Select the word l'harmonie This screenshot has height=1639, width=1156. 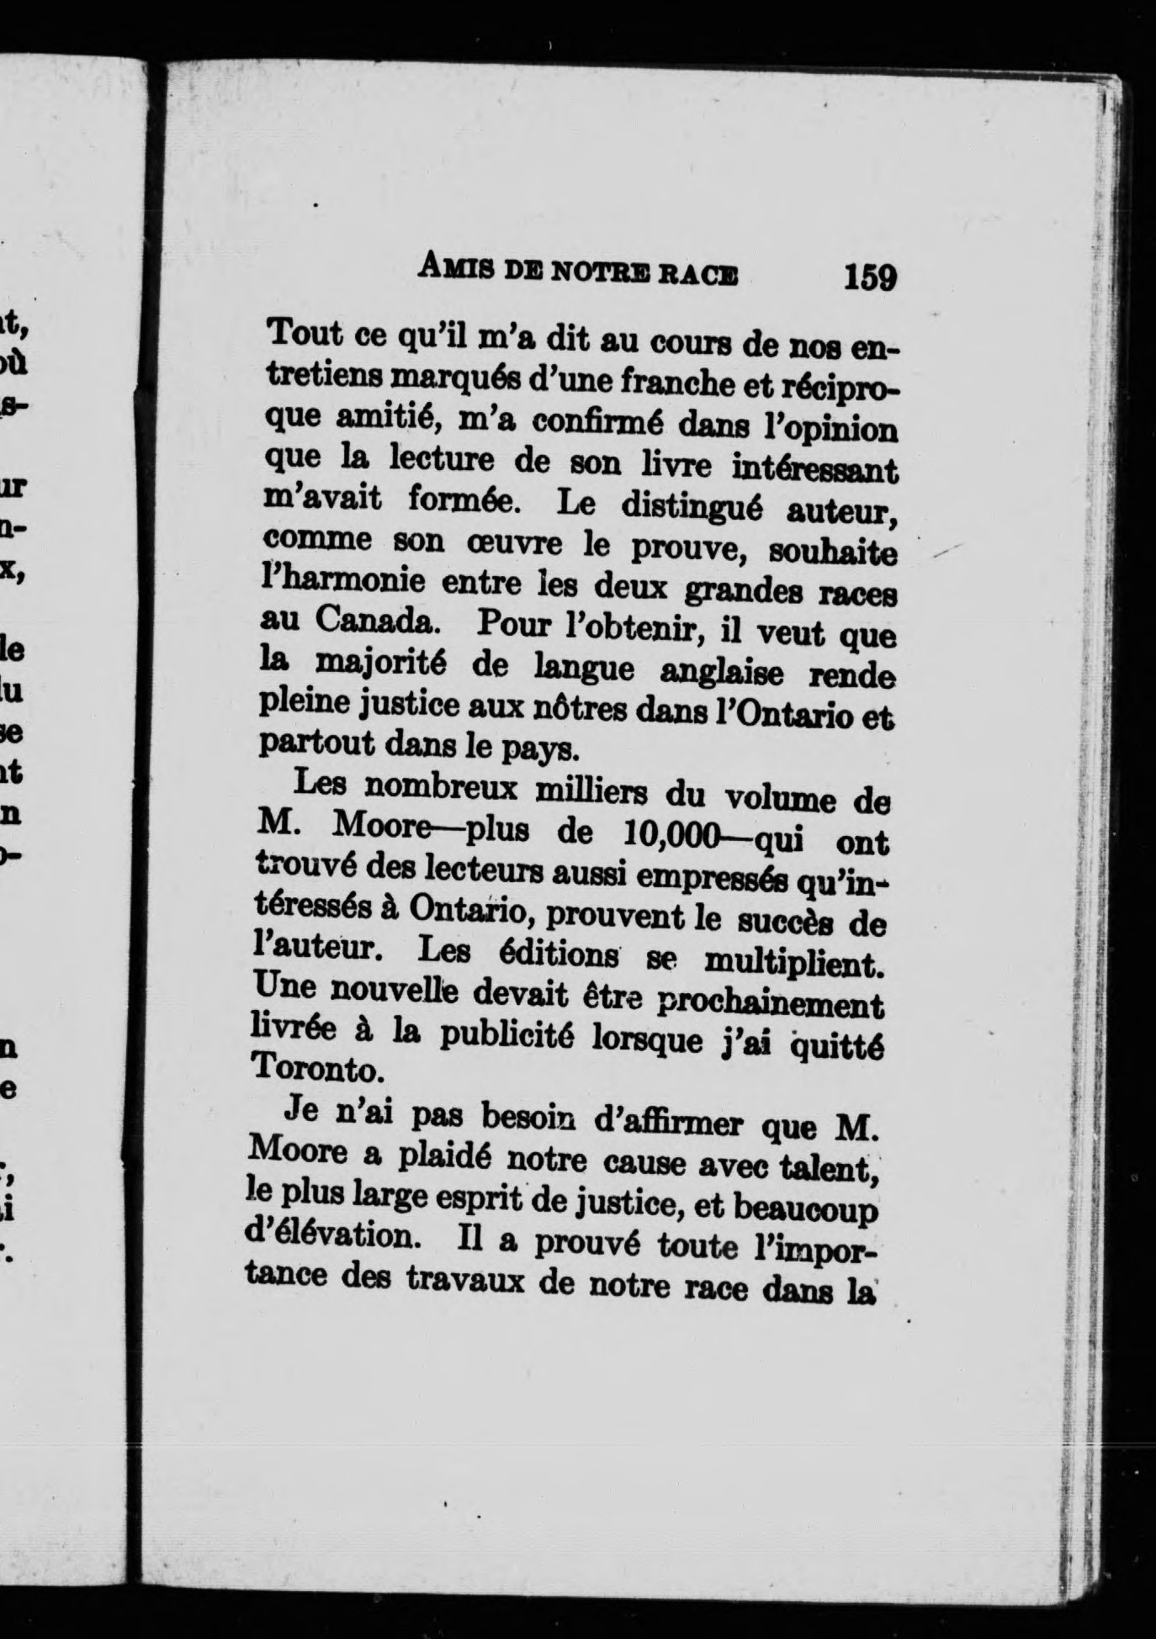click(343, 581)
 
